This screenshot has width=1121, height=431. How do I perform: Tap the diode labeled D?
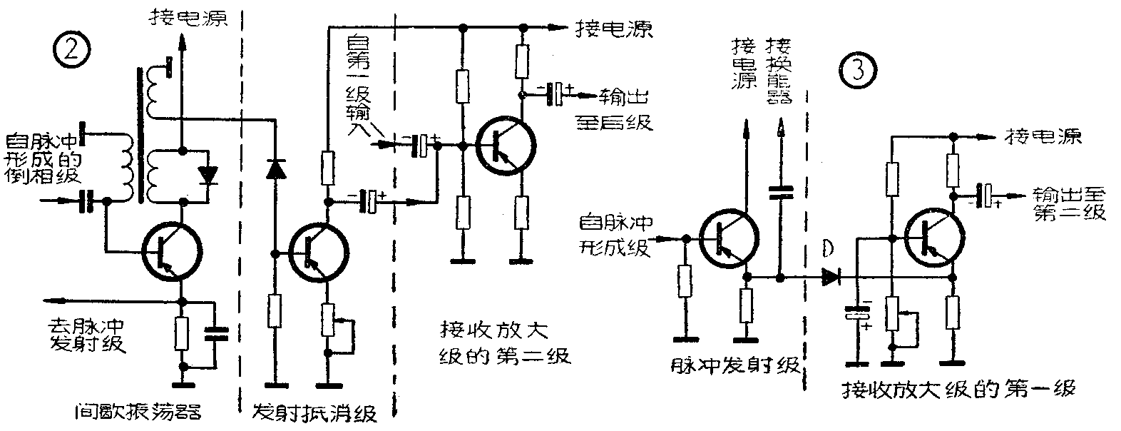831,276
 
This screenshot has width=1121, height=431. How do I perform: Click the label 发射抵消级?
315,413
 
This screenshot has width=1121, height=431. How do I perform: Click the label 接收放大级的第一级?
958,390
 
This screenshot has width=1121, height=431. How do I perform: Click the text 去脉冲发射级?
87,333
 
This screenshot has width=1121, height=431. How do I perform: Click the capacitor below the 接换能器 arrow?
781,191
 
